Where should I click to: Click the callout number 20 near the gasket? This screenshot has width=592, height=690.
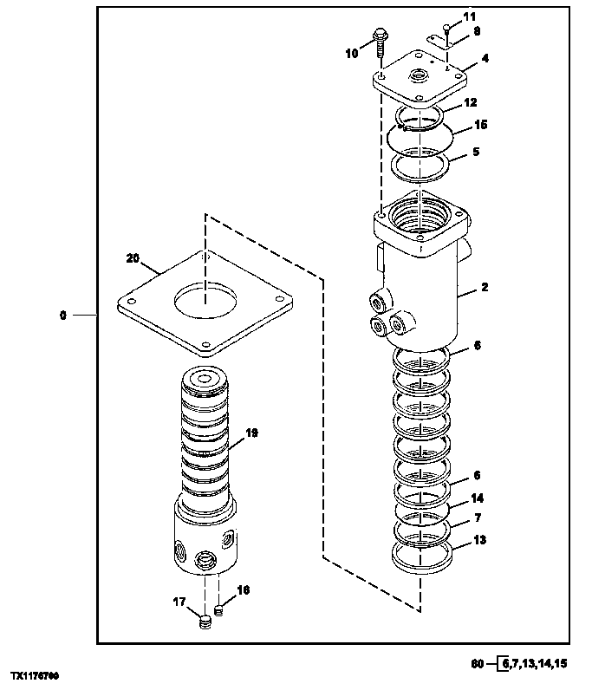tap(132, 257)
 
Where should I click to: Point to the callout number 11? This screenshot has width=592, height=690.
tap(469, 16)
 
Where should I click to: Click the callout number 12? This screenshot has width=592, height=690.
tap(470, 102)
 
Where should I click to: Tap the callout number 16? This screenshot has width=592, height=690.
tap(244, 589)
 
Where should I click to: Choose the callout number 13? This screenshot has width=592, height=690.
tap(479, 541)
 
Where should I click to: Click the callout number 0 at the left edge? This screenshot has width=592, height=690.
tap(62, 316)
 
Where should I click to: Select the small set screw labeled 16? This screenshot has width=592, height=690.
tap(219, 611)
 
